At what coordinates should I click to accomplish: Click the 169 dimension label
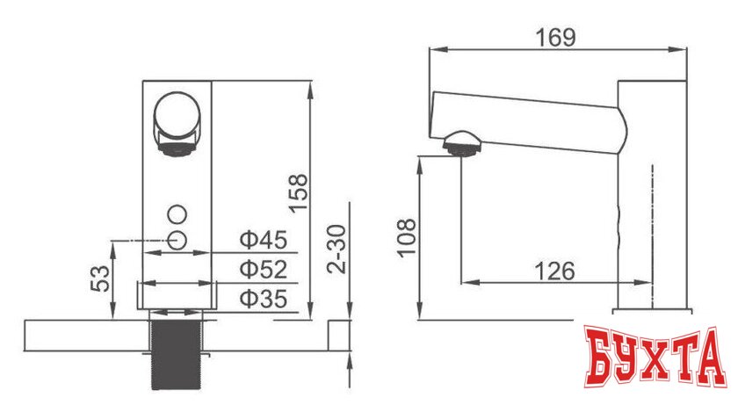click(555, 37)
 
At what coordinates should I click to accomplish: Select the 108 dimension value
click(406, 237)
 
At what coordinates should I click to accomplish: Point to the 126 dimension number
click(555, 271)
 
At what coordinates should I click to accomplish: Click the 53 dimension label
click(102, 278)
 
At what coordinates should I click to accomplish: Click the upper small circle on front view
click(177, 213)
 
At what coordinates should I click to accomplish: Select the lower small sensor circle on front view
click(177, 239)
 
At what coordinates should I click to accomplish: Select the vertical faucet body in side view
click(652, 193)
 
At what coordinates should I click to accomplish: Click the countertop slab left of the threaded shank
click(83, 335)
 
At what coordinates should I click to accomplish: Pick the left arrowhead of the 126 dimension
click(466, 282)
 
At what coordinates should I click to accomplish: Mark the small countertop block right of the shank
click(340, 335)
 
